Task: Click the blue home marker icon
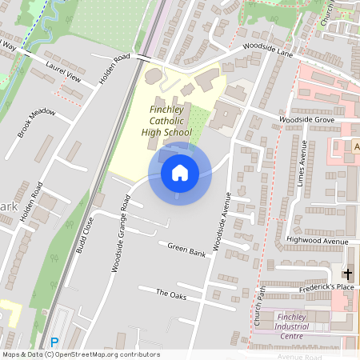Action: [180, 173]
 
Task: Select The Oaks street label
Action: [170, 294]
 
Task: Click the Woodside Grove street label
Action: [306, 119]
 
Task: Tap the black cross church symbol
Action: [348, 274]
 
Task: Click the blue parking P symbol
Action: [54, 342]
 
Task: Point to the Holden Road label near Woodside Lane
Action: [114, 69]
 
